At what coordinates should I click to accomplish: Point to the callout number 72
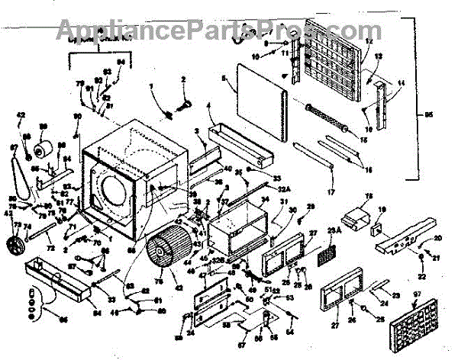coord(51,249)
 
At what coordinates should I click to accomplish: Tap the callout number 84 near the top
coord(120,61)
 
